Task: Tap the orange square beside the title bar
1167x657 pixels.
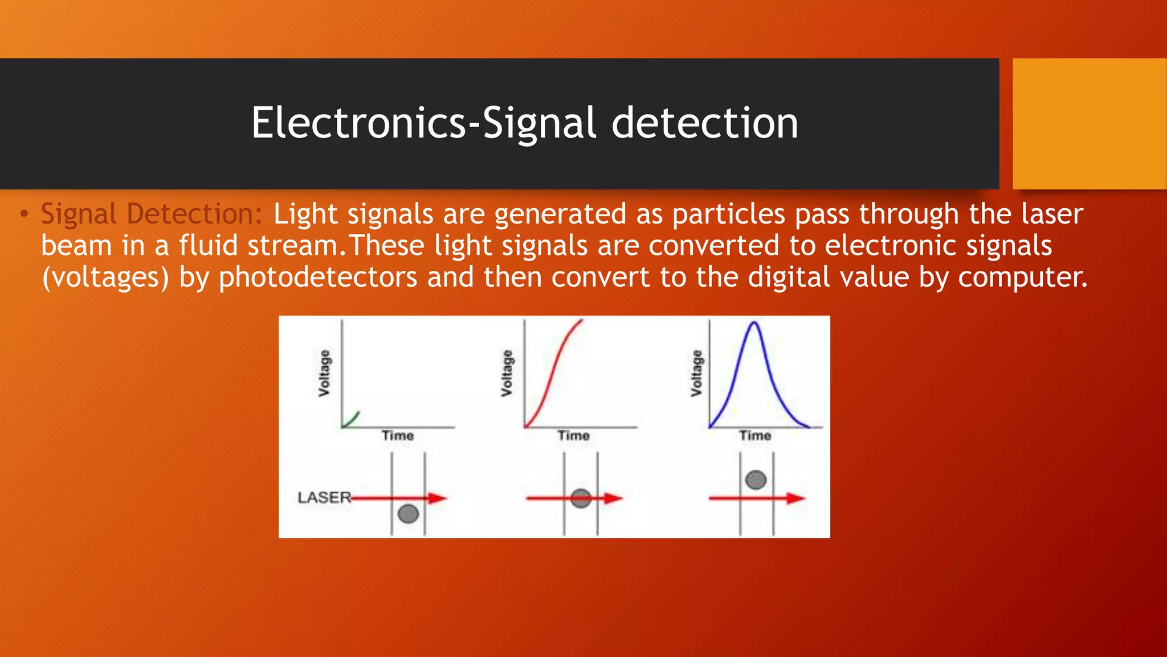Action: [x=1089, y=123]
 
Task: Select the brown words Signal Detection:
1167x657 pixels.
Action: [x=151, y=214]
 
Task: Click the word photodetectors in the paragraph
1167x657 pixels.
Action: [x=318, y=278]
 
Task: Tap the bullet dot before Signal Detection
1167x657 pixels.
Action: [x=23, y=214]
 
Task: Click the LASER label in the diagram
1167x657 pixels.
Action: [x=324, y=497]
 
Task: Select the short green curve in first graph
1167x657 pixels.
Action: [x=350, y=420]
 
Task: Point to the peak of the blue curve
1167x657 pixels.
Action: [x=754, y=323]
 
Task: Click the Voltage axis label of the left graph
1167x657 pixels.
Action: [x=324, y=374]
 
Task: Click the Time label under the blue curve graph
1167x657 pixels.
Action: [x=755, y=436]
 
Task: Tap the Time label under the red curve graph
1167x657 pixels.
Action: [x=573, y=436]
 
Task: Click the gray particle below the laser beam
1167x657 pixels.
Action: [x=408, y=513]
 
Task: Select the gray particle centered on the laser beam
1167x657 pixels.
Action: [x=581, y=498]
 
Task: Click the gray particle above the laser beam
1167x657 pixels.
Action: [x=756, y=480]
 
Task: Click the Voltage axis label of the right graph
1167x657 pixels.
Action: [x=696, y=374]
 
